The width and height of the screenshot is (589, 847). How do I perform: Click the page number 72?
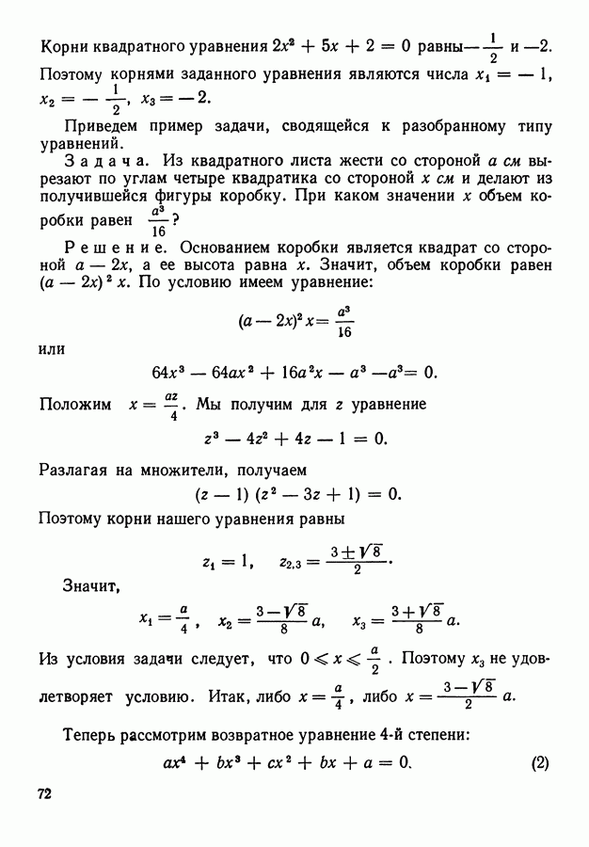44,793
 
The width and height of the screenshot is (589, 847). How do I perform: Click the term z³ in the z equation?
213,438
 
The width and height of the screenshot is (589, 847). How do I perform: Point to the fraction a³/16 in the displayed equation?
345,324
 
